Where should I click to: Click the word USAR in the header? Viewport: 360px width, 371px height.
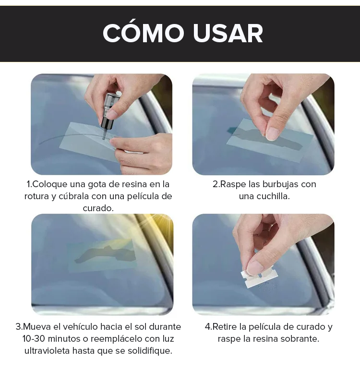point(228,33)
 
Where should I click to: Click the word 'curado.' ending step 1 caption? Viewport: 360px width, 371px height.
point(98,208)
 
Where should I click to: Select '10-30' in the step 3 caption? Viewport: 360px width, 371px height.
point(34,339)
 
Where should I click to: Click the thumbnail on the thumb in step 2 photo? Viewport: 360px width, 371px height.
point(273,133)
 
